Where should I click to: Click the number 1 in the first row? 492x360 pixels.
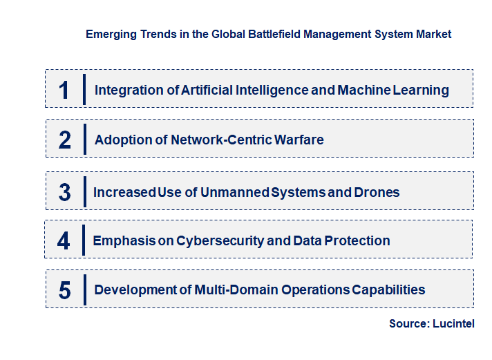[64, 90]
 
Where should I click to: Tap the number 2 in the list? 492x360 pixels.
[65, 140]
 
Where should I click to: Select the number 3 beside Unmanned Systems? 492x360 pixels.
[65, 192]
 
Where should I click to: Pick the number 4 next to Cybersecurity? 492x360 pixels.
[64, 241]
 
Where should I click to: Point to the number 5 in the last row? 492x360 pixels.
[65, 290]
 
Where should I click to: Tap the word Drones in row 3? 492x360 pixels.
[377, 192]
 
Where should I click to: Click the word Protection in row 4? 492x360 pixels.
[357, 241]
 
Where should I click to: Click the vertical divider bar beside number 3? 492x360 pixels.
[84, 191]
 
